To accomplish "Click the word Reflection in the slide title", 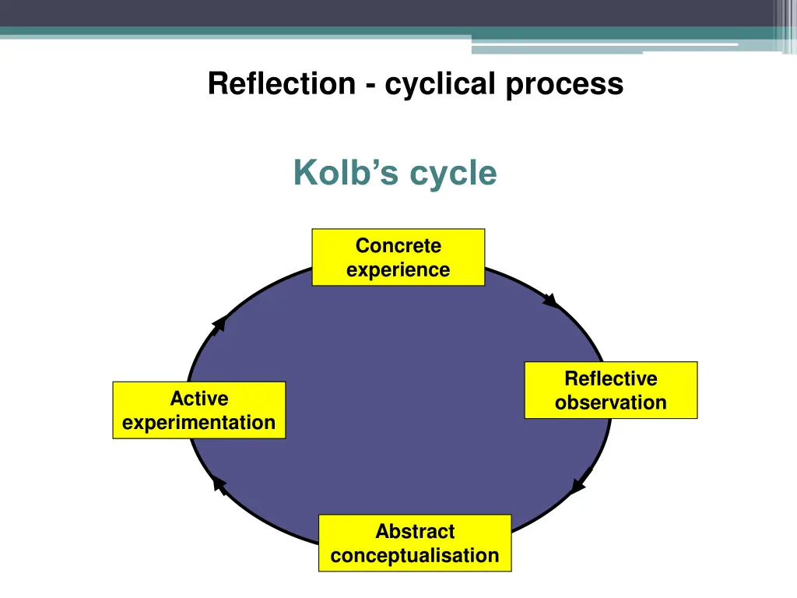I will [281, 83].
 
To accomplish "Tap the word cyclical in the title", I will [440, 83].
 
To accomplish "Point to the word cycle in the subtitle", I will [453, 174].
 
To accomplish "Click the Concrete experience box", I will [398, 257].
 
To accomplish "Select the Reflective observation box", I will [610, 390].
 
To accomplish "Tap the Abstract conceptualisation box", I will [414, 543].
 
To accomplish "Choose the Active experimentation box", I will [198, 410].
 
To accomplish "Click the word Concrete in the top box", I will [398, 246].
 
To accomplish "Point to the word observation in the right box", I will [610, 403].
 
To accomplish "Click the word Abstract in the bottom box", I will [414, 532].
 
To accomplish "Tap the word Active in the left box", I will [199, 399].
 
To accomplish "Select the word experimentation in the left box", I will [198, 423].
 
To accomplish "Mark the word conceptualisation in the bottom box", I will [414, 556].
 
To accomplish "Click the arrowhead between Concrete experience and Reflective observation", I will [551, 300].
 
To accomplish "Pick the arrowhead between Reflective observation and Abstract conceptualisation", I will [578, 485].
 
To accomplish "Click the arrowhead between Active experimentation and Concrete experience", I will [219, 323].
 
